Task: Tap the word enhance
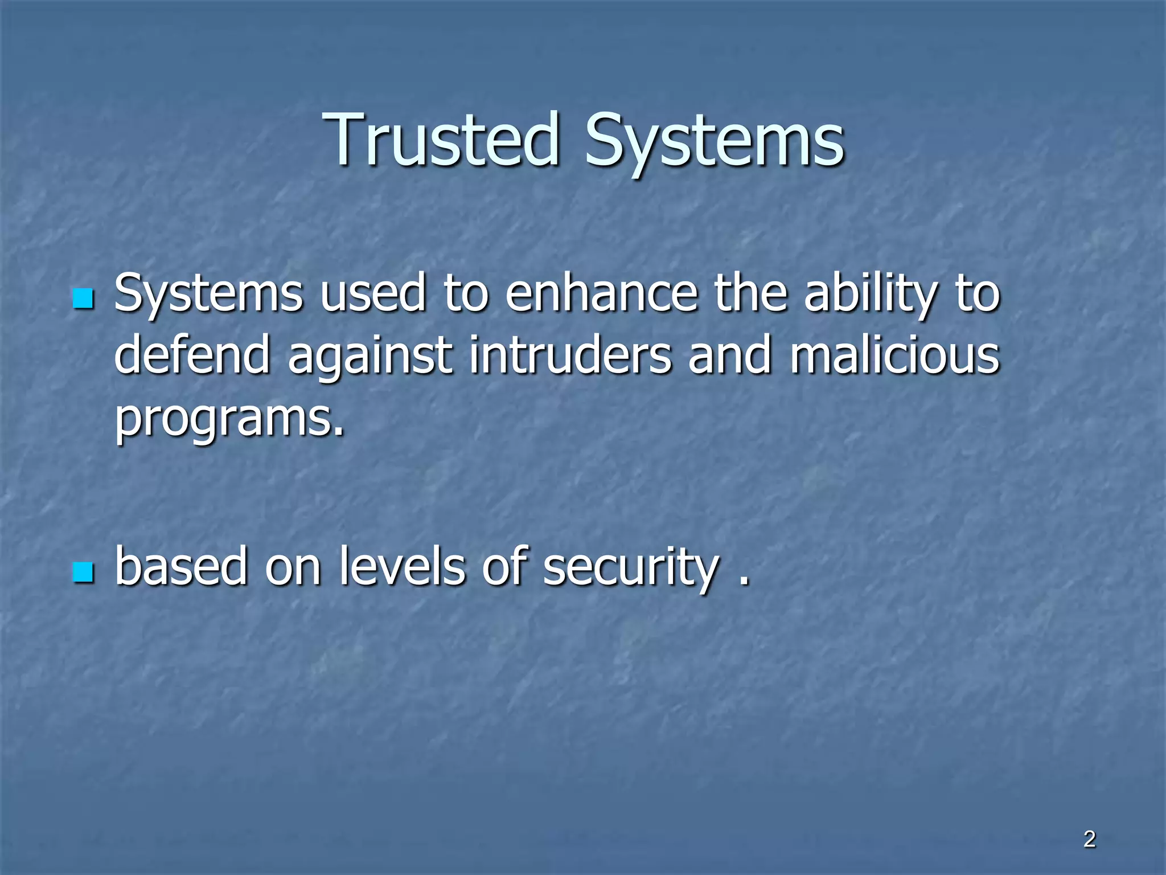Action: click(601, 293)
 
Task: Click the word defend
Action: click(192, 354)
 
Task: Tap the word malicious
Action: click(894, 354)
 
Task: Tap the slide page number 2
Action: click(1089, 840)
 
